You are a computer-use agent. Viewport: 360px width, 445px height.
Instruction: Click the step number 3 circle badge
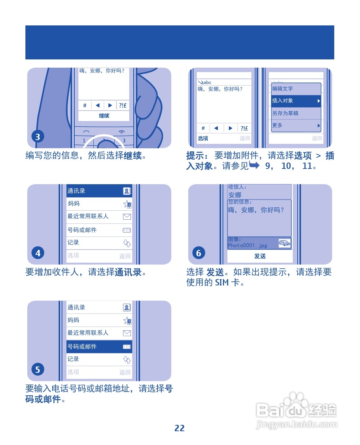(38, 137)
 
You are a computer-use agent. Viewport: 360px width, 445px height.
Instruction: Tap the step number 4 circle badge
(38, 253)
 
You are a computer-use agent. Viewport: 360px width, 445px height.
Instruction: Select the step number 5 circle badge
(38, 370)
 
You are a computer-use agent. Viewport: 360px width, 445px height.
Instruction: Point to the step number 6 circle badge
(199, 253)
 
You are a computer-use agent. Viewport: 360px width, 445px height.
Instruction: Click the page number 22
(180, 428)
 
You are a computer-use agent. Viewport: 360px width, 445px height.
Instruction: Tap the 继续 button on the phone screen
(104, 116)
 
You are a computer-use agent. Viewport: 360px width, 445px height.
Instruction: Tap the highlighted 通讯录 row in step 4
(99, 191)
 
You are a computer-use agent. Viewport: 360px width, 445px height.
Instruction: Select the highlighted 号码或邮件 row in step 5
(99, 347)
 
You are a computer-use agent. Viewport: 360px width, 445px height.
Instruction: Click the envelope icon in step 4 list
(127, 216)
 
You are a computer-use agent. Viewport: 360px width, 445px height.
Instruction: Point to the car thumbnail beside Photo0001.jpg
(285, 244)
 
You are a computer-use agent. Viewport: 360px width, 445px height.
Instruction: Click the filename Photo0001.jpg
(248, 245)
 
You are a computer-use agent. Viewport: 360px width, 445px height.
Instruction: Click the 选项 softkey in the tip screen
(203, 139)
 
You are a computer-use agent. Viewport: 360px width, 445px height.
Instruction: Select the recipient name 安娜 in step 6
(235, 195)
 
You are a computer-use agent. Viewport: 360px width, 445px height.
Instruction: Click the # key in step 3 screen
(85, 105)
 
